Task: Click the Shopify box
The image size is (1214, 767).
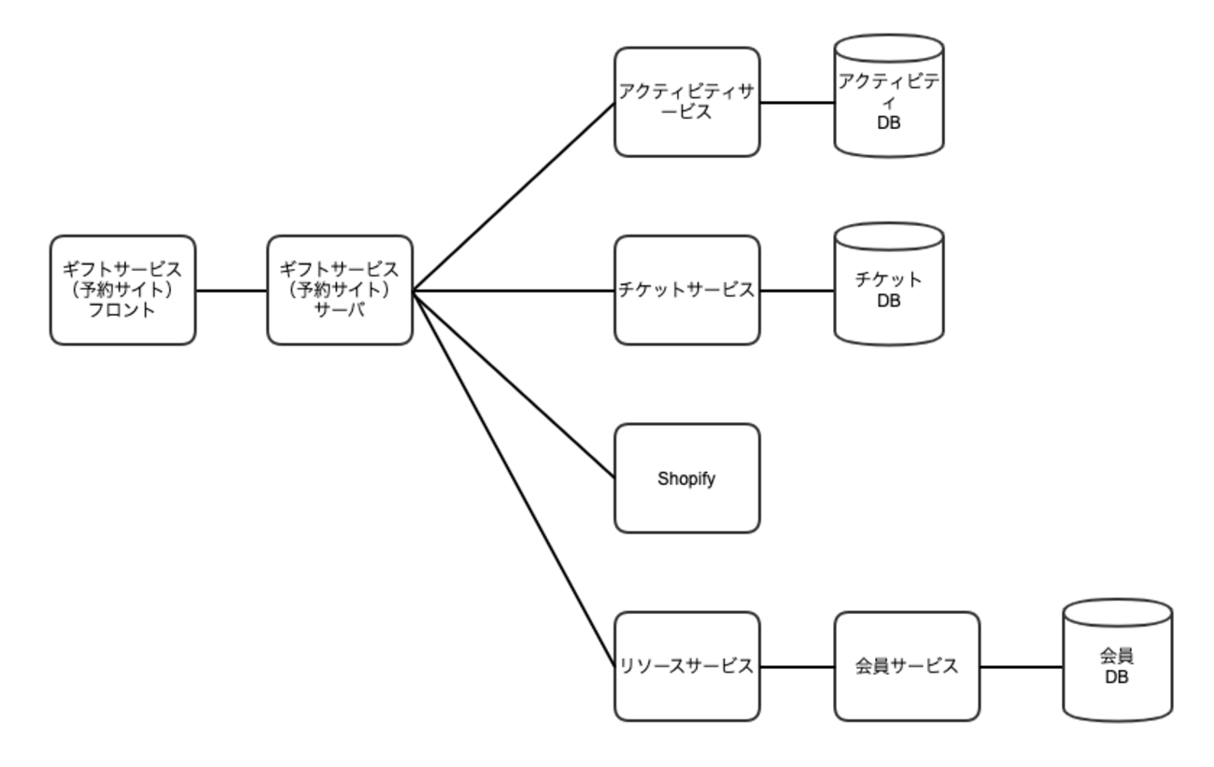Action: coord(686,478)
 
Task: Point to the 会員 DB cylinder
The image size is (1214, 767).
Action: coord(1117,665)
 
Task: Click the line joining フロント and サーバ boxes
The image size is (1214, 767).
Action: coord(232,291)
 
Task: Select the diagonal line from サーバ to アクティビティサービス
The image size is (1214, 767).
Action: coord(514,196)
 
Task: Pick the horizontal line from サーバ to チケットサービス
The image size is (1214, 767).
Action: coord(514,291)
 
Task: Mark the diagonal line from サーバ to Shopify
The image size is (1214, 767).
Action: coord(514,385)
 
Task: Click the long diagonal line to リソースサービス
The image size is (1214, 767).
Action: coord(514,478)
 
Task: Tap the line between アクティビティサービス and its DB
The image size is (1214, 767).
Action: coord(797,102)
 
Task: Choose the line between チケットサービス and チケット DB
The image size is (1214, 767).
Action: coord(797,291)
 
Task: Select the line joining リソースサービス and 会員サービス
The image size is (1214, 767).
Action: coord(797,667)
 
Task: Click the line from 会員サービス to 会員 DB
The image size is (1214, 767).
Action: coord(1021,667)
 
